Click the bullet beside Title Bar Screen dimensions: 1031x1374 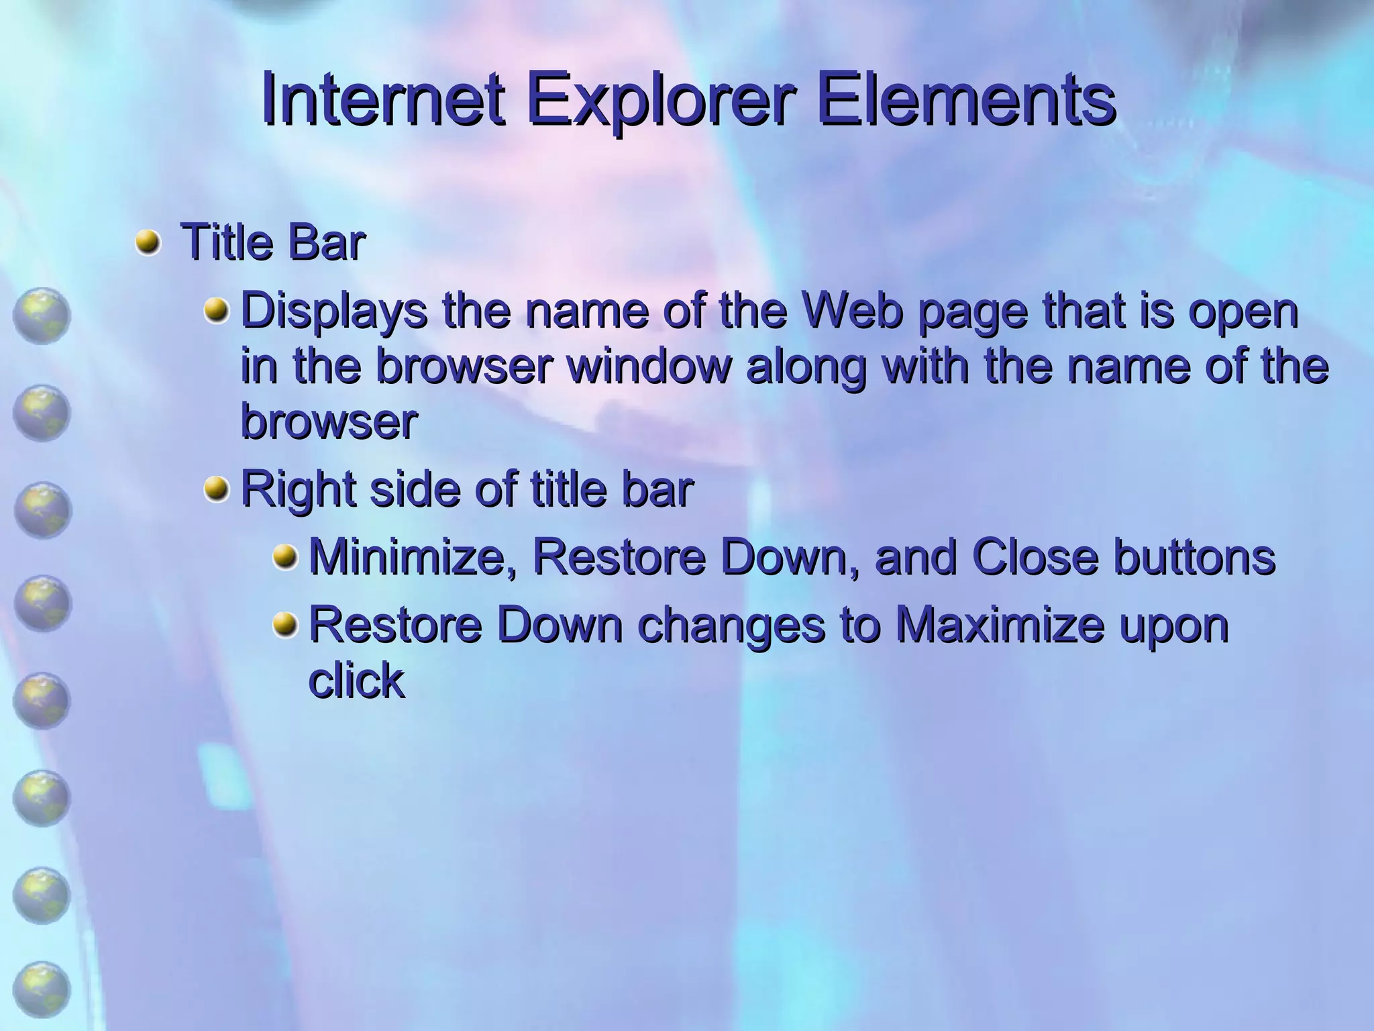pos(148,242)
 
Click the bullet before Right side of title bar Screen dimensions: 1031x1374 pos(216,489)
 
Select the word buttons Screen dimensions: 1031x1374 pos(1194,557)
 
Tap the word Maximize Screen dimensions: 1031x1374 pos(1000,624)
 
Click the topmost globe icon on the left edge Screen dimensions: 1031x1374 pos(41,315)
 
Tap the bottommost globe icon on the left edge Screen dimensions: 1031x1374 pos(41,990)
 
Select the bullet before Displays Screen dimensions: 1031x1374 pos(216,311)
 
